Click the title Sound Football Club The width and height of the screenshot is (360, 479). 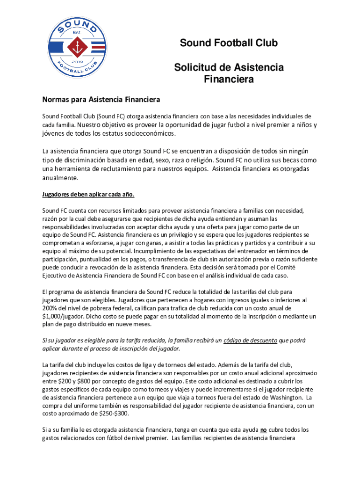tap(229, 44)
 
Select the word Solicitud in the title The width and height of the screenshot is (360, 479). tap(197, 68)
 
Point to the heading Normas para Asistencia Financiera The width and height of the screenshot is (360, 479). tap(101, 100)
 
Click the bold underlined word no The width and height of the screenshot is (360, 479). tap(264, 430)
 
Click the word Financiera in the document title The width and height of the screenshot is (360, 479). tap(229, 80)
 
